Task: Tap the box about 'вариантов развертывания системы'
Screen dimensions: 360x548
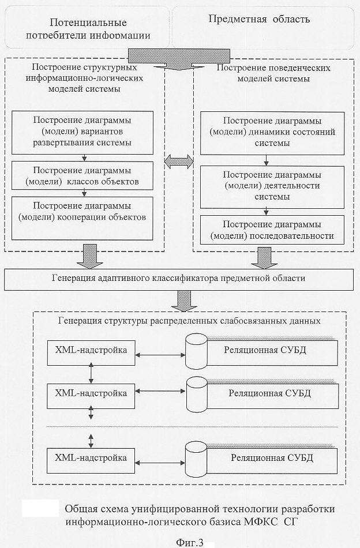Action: pyautogui.click(x=82, y=133)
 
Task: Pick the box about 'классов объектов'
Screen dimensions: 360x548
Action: pyautogui.click(x=82, y=176)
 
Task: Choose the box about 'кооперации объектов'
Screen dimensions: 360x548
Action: pyautogui.click(x=82, y=219)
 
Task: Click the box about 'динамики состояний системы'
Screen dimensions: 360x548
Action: pyautogui.click(x=272, y=133)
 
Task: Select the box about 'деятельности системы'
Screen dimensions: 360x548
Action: pyautogui.click(x=272, y=187)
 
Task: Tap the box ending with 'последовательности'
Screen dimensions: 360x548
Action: pyautogui.click(x=272, y=230)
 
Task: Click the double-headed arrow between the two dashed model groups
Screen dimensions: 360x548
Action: pyautogui.click(x=179, y=162)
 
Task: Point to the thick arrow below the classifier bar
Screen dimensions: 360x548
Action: pyautogui.click(x=184, y=301)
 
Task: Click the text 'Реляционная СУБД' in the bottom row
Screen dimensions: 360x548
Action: pyautogui.click(x=272, y=458)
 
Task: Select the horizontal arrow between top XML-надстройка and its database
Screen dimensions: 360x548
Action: pyautogui.click(x=160, y=355)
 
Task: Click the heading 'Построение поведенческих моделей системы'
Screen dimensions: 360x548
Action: pyautogui.click(x=273, y=73)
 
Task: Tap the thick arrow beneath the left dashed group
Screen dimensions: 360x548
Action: pyautogui.click(x=90, y=256)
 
